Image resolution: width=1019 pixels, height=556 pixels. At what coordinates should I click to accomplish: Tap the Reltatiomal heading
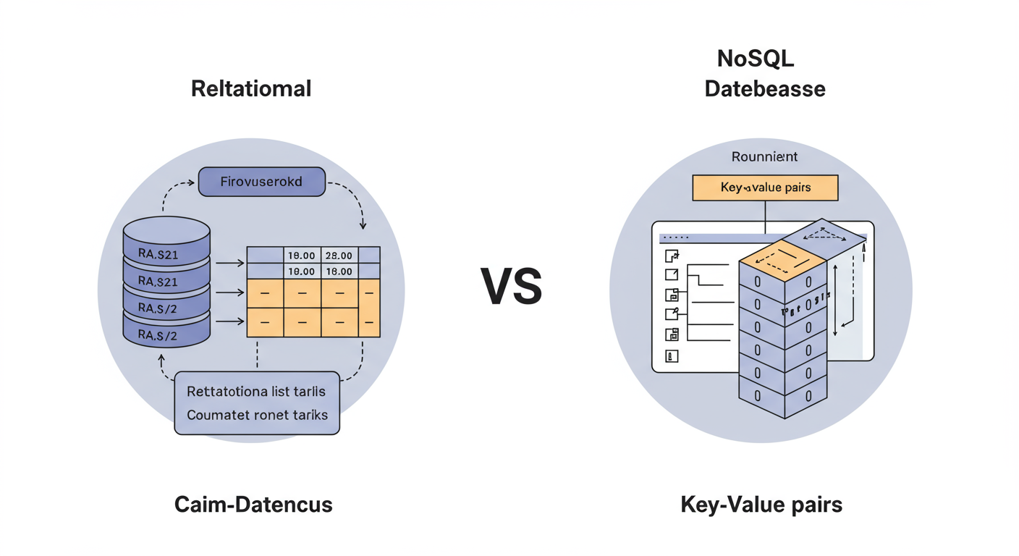pyautogui.click(x=251, y=89)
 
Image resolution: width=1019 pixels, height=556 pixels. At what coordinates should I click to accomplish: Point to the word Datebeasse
pyautogui.click(x=765, y=89)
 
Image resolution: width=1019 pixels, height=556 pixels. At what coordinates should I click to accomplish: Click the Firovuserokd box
pyautogui.click(x=262, y=182)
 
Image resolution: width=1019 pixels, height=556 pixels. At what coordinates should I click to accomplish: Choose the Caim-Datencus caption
pyautogui.click(x=253, y=505)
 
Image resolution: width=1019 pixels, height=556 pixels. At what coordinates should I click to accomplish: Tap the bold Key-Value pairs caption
pyautogui.click(x=761, y=505)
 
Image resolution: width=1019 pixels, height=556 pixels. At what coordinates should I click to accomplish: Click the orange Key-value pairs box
pyautogui.click(x=765, y=188)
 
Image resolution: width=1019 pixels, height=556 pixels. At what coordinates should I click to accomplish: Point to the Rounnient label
pyautogui.click(x=764, y=156)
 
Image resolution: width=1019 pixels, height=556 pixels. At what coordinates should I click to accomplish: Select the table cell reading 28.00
pyautogui.click(x=339, y=256)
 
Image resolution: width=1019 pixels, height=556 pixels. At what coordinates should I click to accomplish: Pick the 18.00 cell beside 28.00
pyautogui.click(x=301, y=256)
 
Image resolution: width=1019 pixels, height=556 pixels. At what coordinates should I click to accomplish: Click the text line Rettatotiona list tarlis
pyautogui.click(x=256, y=392)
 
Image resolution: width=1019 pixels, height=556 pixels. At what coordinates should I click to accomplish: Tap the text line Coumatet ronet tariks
pyautogui.click(x=257, y=415)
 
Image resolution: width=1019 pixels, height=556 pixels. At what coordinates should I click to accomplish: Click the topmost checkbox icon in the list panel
pyautogui.click(x=672, y=256)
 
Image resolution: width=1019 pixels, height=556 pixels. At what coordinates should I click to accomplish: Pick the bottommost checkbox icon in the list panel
pyautogui.click(x=672, y=355)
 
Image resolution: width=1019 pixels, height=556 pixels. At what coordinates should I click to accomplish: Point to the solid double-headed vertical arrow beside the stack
pyautogui.click(x=835, y=300)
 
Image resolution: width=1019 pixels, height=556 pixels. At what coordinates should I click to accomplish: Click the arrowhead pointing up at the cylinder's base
pyautogui.click(x=161, y=358)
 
